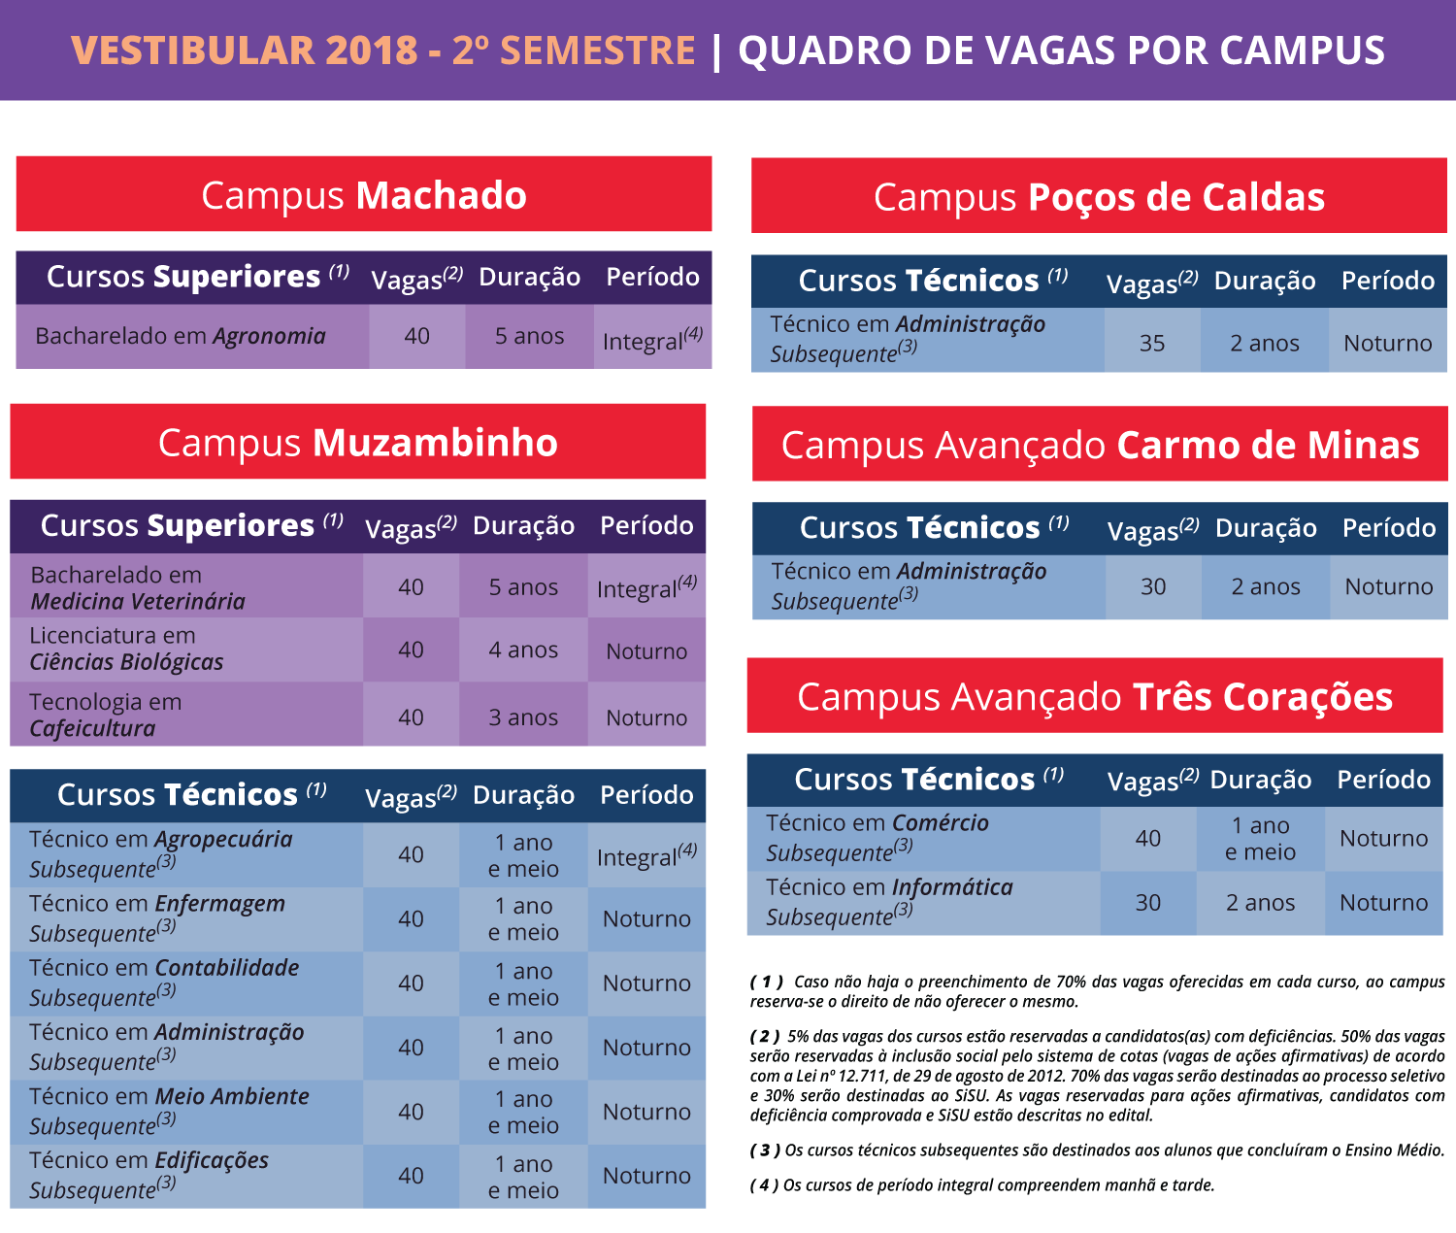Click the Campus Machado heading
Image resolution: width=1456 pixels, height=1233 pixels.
[363, 195]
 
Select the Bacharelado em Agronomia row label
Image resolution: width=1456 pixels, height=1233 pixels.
[181, 336]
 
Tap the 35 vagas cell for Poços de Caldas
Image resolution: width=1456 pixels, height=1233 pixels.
[1152, 343]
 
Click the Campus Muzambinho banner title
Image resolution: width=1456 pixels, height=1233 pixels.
[357, 443]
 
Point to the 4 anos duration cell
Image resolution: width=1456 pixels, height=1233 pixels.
[523, 650]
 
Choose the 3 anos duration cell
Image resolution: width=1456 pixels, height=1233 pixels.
[523, 717]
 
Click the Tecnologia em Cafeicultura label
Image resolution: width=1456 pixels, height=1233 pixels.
[105, 715]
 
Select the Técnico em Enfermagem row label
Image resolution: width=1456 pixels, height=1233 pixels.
[157, 917]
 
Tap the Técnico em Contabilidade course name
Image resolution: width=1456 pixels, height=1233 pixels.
[164, 982]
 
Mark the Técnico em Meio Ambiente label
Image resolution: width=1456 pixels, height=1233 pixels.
[169, 1111]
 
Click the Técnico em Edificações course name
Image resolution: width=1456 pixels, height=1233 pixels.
[149, 1175]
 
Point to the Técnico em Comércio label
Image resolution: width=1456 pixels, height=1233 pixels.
[877, 837]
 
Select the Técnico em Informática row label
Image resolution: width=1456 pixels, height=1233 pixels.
[889, 901]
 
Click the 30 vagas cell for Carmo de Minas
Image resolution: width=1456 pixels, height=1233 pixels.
[1153, 586]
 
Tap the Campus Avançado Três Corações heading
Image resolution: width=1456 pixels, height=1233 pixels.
[1095, 697]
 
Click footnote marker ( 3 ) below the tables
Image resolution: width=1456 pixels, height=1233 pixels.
[766, 1150]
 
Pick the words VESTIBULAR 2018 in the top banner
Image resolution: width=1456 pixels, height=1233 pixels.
[245, 50]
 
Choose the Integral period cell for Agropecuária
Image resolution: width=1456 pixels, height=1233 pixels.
[646, 855]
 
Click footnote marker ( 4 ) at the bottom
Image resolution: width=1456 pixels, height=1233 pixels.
[765, 1185]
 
